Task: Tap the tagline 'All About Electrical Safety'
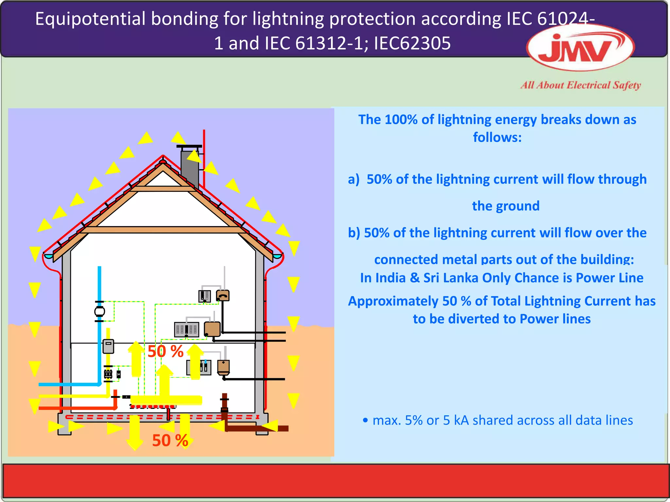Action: (581, 85)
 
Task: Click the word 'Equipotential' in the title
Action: (90, 19)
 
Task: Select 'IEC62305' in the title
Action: (412, 43)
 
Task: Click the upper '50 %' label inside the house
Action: (165, 351)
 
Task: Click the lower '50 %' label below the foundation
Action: (170, 440)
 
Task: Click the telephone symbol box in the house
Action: (223, 295)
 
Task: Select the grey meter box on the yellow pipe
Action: (108, 346)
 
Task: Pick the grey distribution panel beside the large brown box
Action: (186, 329)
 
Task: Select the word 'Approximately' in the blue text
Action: (393, 301)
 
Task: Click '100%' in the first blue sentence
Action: (401, 120)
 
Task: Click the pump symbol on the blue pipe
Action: (99, 311)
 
